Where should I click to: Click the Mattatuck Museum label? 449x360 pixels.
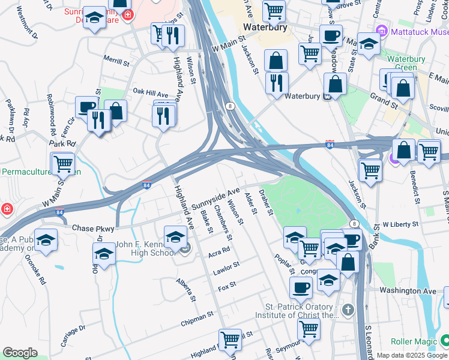point(419,31)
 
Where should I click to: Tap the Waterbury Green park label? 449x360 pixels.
point(406,63)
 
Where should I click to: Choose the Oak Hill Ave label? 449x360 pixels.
point(151,94)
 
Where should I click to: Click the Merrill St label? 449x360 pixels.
point(116,62)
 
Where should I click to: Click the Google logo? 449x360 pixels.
point(20,353)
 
